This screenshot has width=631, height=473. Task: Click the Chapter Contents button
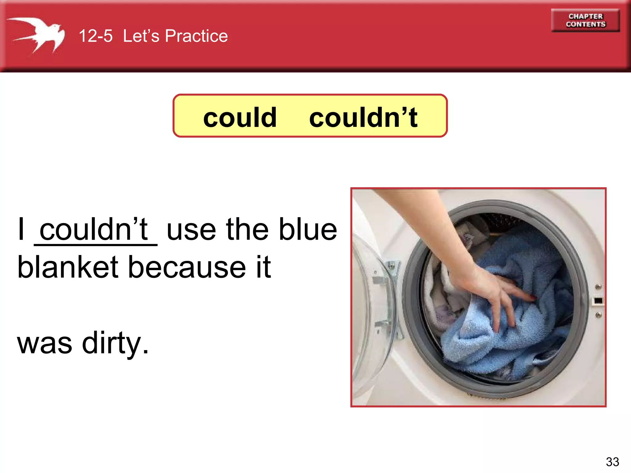coord(585,20)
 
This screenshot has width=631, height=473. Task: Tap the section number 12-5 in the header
coord(96,36)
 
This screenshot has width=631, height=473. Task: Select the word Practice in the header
coord(196,36)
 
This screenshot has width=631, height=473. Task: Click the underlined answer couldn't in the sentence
coord(94,229)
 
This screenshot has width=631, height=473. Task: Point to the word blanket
coord(68,267)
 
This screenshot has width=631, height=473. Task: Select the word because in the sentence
coord(186,267)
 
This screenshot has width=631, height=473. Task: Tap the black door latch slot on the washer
coord(598,301)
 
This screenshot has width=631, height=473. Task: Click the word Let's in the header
coord(141,36)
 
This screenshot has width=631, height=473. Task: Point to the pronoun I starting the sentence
coord(21,229)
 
